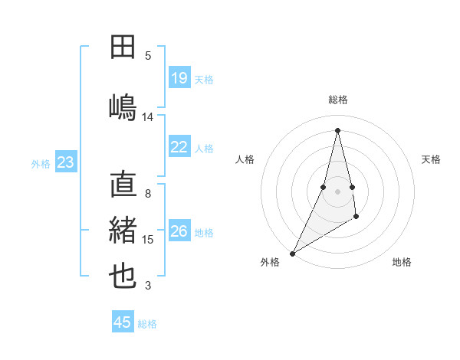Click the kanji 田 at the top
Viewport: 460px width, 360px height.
[123, 47]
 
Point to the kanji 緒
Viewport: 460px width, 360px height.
[123, 231]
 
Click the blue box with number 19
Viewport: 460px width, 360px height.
[179, 78]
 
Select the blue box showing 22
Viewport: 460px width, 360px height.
[179, 148]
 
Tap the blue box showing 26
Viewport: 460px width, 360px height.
[179, 231]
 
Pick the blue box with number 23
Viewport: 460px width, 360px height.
[66, 162]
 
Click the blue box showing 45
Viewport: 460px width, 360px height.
[123, 322]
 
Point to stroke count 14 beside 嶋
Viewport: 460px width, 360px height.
[148, 116]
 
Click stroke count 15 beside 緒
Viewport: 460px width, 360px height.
[148, 240]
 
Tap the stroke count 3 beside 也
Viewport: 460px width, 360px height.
[148, 286]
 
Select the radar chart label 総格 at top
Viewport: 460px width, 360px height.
[337, 100]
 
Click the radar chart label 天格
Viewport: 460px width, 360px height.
[432, 159]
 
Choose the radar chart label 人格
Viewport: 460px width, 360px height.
[245, 159]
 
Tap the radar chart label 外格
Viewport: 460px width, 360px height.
[269, 262]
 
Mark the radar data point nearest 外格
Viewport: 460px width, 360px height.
[292, 253]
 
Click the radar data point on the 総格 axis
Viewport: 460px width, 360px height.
[337, 129]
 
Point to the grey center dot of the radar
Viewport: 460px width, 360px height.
[337, 191]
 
